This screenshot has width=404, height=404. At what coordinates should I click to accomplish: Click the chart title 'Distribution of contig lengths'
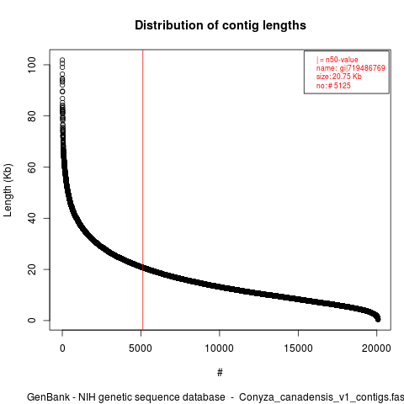221,25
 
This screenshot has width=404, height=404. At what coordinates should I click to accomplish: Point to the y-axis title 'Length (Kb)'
8,190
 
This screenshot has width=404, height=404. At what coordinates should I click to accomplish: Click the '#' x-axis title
220,373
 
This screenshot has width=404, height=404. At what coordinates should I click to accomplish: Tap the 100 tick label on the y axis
32,65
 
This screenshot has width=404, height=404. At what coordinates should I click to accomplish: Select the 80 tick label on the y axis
32,116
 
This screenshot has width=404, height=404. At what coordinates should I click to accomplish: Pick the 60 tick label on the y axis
32,167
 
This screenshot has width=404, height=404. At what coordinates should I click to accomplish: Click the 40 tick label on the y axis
32,218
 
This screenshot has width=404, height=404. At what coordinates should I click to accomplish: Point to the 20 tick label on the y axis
32,269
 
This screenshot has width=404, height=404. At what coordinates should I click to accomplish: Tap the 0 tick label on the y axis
32,321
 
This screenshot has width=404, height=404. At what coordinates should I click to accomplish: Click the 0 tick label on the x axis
62,348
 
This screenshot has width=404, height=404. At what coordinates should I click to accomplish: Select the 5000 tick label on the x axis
141,348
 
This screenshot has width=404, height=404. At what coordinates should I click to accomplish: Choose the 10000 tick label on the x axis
219,348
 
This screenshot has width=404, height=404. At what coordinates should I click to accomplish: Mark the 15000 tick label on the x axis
298,348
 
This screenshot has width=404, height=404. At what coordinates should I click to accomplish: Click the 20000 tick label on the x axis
376,348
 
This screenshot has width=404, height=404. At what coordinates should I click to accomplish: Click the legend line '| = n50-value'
338,60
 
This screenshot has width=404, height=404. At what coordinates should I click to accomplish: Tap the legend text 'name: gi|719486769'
351,68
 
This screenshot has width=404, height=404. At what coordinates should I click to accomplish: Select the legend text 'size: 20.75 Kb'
339,77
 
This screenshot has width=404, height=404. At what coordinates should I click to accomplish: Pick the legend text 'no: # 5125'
333,85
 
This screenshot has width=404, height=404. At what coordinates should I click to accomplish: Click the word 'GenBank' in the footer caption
48,397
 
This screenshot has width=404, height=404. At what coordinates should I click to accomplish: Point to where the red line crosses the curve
143,268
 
